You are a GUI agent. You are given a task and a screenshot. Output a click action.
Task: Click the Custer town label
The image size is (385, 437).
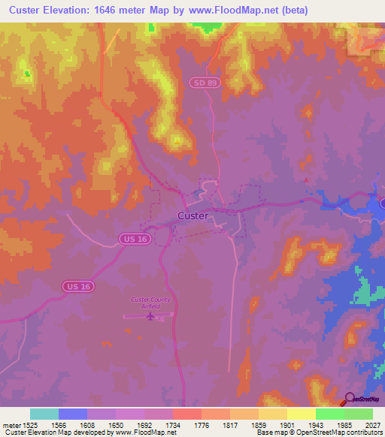tap(193, 215)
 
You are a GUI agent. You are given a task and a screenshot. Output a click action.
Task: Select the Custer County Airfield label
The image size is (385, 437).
tap(150, 303)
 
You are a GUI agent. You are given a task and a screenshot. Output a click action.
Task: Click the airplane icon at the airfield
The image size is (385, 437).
tap(150, 315)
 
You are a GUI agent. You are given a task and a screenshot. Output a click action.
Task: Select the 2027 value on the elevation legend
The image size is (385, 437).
tap(371, 424)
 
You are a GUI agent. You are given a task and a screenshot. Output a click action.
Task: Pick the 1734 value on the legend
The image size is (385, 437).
tap(172, 424)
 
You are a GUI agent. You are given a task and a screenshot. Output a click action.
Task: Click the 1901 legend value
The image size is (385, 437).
tap(286, 424)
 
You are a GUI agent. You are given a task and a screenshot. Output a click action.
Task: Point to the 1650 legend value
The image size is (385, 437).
tap(115, 424)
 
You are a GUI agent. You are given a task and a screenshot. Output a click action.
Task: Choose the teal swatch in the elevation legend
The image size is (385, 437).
tap(44, 414)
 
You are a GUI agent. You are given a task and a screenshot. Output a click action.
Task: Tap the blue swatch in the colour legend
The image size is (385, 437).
tap(73, 414)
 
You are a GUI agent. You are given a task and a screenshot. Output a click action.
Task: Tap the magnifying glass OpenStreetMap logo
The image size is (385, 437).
tap(350, 399)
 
